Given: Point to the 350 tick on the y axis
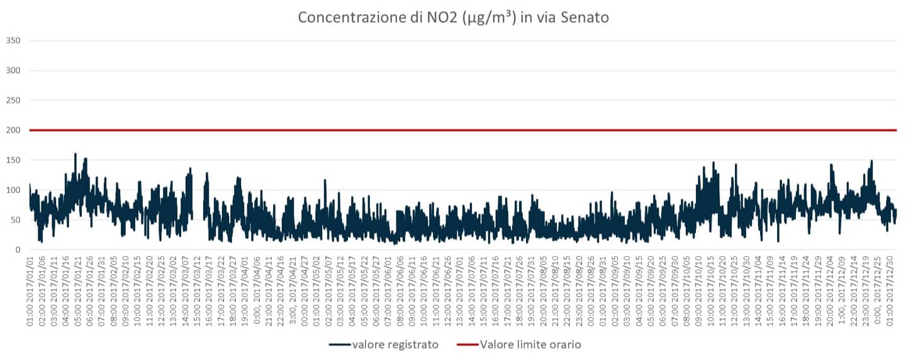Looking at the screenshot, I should [x=13, y=41].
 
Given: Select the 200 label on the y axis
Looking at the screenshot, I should [x=13, y=130].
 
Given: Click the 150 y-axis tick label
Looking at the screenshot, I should [x=13, y=160].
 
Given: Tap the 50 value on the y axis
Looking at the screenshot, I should [x=16, y=220].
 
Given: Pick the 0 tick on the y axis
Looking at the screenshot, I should [x=18, y=250].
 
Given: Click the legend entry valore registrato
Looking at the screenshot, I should [x=395, y=344].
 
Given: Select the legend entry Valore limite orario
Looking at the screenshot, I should [x=530, y=344].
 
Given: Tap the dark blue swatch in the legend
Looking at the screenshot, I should [x=339, y=344].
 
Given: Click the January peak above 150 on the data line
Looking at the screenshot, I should [x=75, y=154].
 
